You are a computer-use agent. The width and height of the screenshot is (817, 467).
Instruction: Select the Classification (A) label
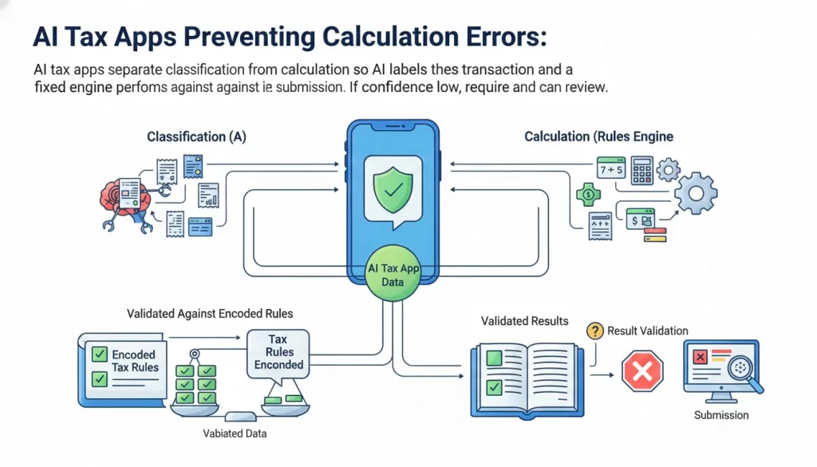pyautogui.click(x=196, y=137)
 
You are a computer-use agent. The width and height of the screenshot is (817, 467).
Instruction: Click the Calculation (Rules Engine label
pyautogui.click(x=598, y=137)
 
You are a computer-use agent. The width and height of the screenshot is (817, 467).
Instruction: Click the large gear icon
pyautogui.click(x=695, y=193)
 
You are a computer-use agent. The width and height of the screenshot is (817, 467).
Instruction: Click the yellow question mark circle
pyautogui.click(x=594, y=330)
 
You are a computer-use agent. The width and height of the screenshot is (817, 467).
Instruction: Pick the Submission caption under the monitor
pyautogui.click(x=721, y=415)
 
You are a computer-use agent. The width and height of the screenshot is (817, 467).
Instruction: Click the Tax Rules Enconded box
pyautogui.click(x=278, y=352)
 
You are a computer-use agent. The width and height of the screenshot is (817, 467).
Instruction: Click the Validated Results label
pyautogui.click(x=524, y=321)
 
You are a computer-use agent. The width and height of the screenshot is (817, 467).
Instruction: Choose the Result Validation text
pyautogui.click(x=647, y=330)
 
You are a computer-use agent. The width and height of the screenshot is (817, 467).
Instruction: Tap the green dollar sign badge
pyautogui.click(x=587, y=193)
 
